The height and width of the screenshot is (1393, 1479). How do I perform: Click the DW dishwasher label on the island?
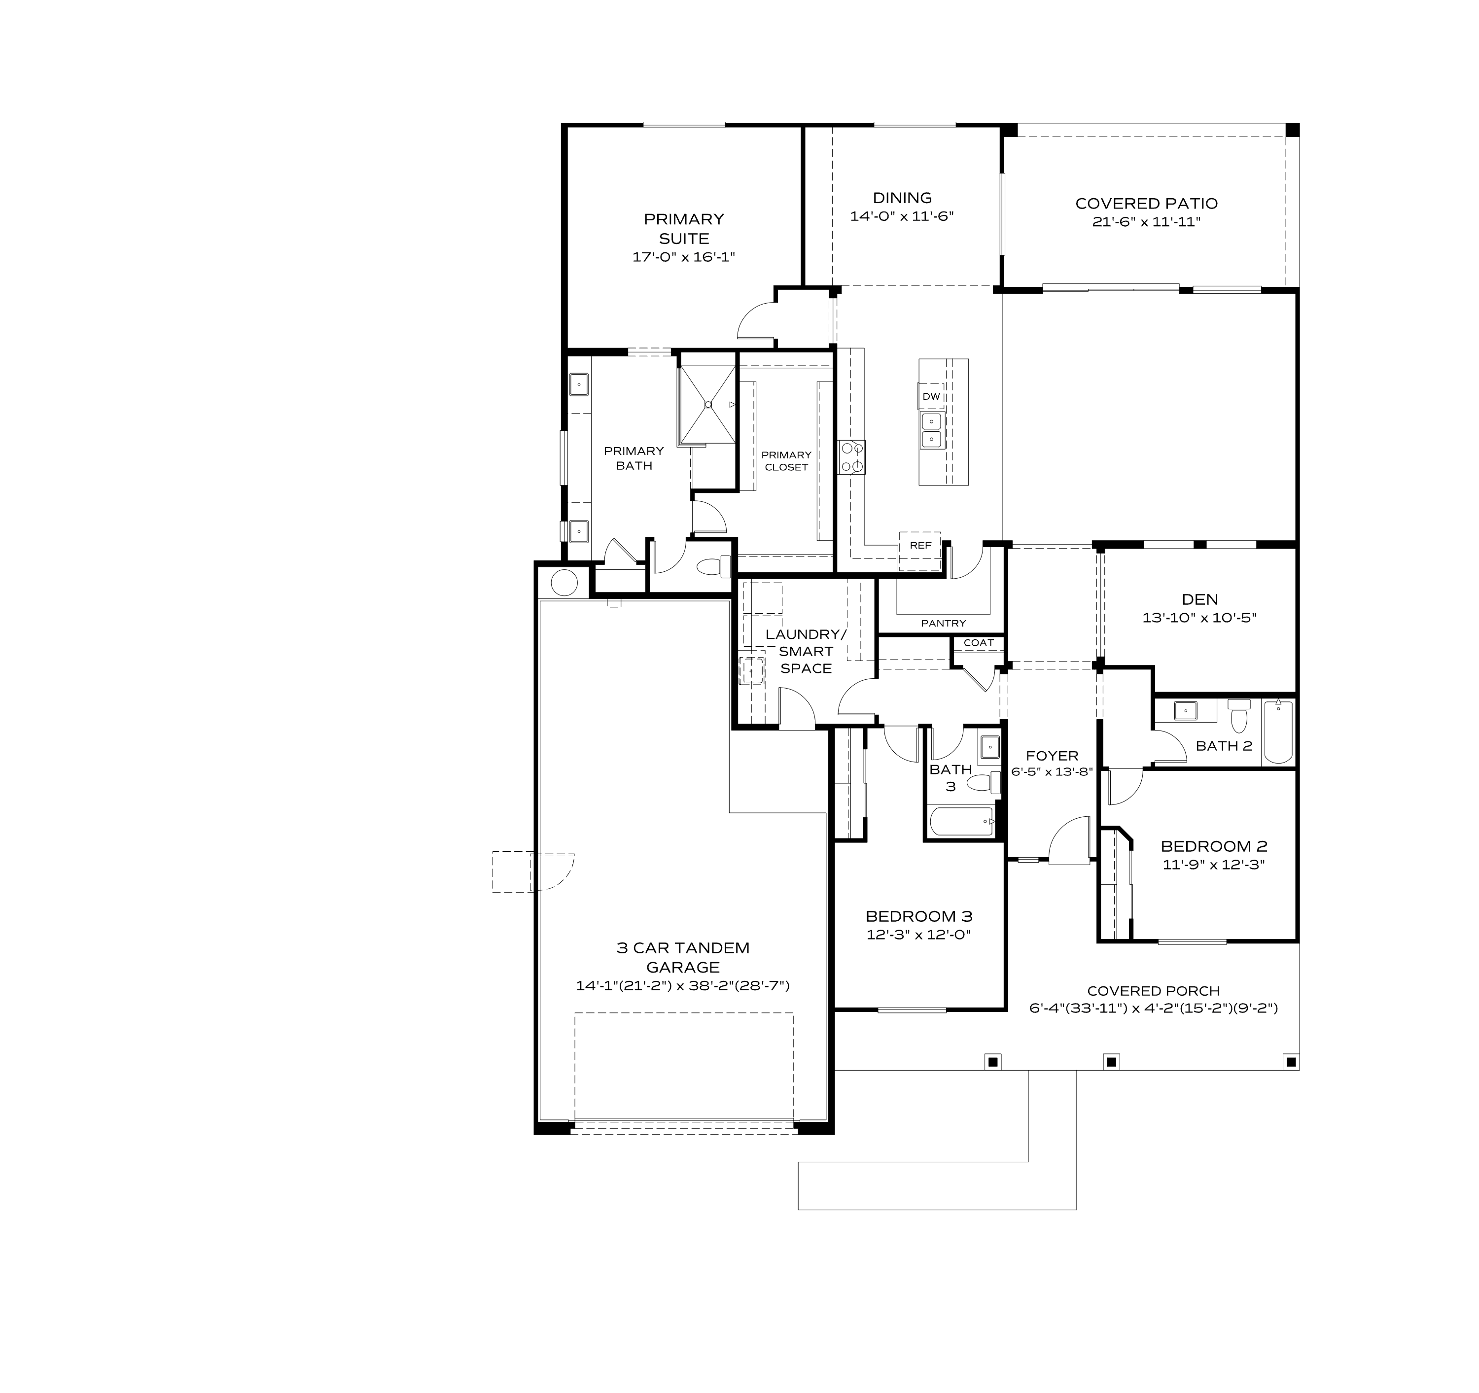coord(931,396)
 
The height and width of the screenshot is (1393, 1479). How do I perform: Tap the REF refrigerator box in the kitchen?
coord(920,545)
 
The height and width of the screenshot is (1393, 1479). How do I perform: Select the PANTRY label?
coord(943,623)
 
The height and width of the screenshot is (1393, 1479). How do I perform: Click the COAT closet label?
coord(978,643)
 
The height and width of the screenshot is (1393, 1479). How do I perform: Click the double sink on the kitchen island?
coord(931,430)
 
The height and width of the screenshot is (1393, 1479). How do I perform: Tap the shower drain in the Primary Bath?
coord(707,405)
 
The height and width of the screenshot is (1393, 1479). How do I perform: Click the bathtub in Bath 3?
coord(962,823)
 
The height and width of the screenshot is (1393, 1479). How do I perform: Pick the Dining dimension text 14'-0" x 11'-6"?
coord(902,216)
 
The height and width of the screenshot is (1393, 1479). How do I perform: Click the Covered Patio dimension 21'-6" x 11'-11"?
coord(1146,222)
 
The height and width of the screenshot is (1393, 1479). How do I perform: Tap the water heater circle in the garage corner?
coord(564,582)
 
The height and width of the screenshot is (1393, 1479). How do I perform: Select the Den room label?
coord(1199,599)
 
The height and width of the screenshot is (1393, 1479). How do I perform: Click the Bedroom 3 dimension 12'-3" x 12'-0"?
coord(919,935)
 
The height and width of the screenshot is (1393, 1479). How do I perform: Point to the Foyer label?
coord(1051,756)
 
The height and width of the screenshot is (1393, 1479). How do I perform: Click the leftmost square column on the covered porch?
coord(992,1061)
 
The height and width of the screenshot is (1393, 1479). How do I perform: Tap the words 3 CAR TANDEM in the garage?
coord(682,947)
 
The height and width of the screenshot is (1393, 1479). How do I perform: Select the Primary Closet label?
coord(786,460)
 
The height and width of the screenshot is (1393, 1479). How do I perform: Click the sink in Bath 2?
coord(1185,710)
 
